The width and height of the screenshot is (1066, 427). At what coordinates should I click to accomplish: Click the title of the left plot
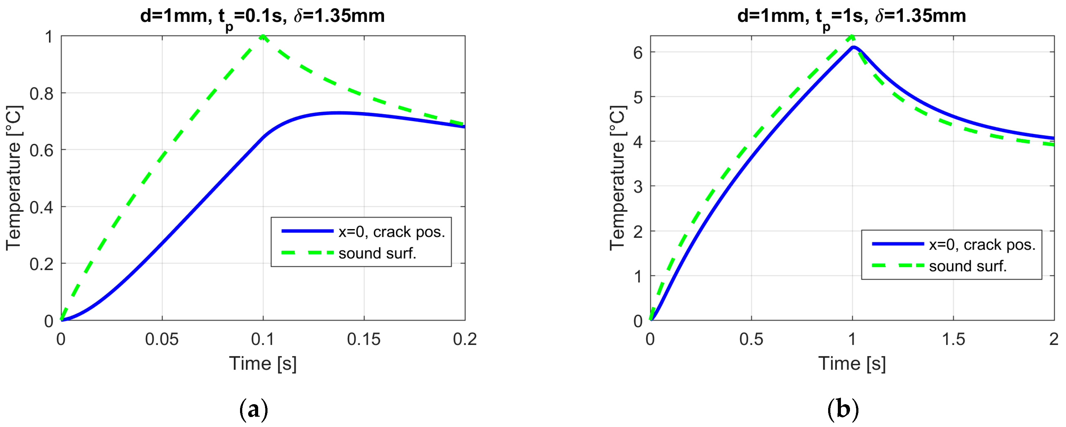pyautogui.click(x=262, y=17)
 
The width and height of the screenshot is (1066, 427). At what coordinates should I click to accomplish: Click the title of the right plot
pyautogui.click(x=852, y=17)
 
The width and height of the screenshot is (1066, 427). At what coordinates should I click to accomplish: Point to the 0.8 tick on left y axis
pyautogui.click(x=42, y=94)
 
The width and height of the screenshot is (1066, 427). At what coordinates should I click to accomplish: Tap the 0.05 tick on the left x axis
pyautogui.click(x=162, y=339)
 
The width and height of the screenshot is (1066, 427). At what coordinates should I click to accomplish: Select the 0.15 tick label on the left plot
pyautogui.click(x=364, y=339)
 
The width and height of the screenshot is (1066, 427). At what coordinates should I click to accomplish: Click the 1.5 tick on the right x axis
pyautogui.click(x=953, y=339)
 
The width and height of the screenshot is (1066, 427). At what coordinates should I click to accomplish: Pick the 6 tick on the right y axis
pyautogui.click(x=638, y=52)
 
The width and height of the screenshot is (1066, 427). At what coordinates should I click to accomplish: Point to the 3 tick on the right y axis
pyautogui.click(x=638, y=187)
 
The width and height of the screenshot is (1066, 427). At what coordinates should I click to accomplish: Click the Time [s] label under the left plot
pyautogui.click(x=263, y=363)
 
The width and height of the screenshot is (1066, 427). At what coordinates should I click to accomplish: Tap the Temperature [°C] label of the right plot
pyautogui.click(x=617, y=178)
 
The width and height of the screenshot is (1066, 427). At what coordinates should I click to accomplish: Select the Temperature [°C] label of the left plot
pyautogui.click(x=14, y=178)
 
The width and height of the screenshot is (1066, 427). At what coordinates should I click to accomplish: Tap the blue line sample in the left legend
pyautogui.click(x=307, y=231)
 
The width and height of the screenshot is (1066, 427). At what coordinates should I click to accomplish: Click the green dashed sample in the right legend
pyautogui.click(x=897, y=265)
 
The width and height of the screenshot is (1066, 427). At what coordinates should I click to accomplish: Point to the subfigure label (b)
pyautogui.click(x=843, y=409)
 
